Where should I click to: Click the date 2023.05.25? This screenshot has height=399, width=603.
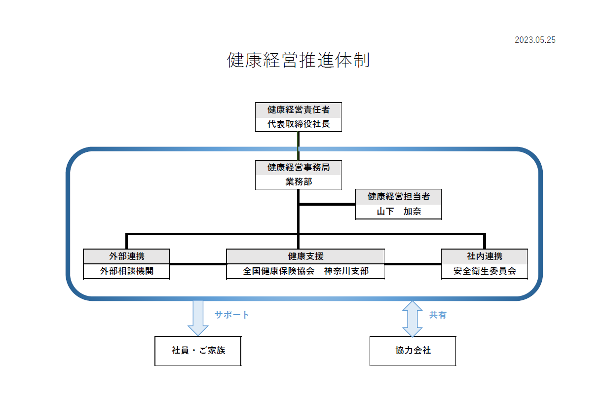pyautogui.click(x=535, y=40)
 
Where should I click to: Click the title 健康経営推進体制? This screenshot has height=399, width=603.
pyautogui.click(x=298, y=60)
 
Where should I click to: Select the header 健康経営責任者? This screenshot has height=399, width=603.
pyautogui.click(x=298, y=110)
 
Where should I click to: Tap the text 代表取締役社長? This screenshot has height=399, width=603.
pyautogui.click(x=298, y=124)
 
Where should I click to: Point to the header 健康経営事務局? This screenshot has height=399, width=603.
pyautogui.click(x=298, y=168)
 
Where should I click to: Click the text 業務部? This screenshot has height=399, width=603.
pyautogui.click(x=298, y=182)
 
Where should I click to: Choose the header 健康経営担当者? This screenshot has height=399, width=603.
pyautogui.click(x=398, y=197)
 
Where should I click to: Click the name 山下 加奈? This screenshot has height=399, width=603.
pyautogui.click(x=398, y=212)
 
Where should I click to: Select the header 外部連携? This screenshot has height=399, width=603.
pyautogui.click(x=126, y=256)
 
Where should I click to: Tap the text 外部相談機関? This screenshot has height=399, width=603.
pyautogui.click(x=126, y=271)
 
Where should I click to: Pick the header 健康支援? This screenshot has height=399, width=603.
pyautogui.click(x=305, y=256)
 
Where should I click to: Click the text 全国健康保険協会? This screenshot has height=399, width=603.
pyautogui.click(x=278, y=271)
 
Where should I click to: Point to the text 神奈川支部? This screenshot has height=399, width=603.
pyautogui.click(x=346, y=271)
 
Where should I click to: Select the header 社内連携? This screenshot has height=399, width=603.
pyautogui.click(x=484, y=256)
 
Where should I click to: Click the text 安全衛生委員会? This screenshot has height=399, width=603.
pyautogui.click(x=484, y=271)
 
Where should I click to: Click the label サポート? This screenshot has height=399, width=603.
pyautogui.click(x=231, y=315)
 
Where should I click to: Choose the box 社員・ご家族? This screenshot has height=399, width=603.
pyautogui.click(x=198, y=351)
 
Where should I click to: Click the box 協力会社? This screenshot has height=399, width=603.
pyautogui.click(x=413, y=351)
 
